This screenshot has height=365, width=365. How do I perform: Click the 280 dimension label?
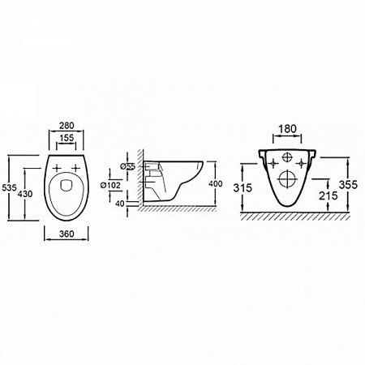(67, 126)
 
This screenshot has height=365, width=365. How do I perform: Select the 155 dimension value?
(67, 138)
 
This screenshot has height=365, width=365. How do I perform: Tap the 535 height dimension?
(9, 187)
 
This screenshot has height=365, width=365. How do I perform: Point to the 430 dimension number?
(25, 194)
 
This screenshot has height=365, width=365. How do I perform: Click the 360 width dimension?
(67, 234)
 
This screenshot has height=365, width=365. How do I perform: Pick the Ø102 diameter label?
(109, 185)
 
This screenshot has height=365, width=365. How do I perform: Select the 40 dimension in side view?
(120, 204)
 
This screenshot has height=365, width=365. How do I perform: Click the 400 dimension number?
(216, 184)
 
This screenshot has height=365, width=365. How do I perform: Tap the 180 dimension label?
(287, 129)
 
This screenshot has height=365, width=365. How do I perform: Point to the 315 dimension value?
(243, 187)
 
